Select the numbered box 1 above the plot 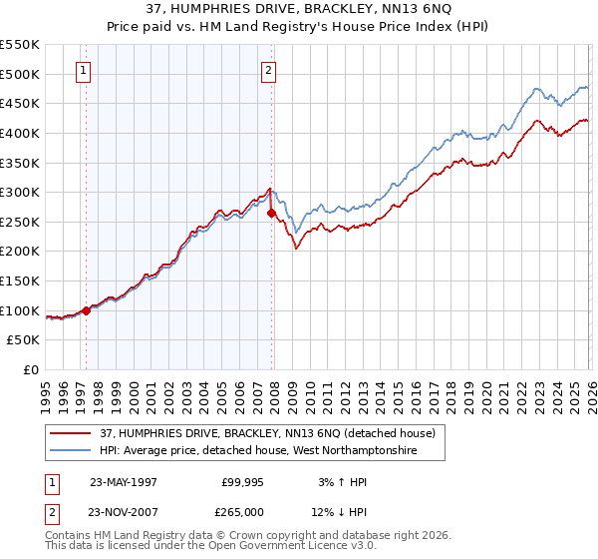[x=82, y=70]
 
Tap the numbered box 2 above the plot [x=269, y=70]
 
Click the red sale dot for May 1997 [x=87, y=310]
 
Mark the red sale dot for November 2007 [x=271, y=213]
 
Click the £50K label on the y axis [x=24, y=340]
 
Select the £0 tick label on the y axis [x=32, y=370]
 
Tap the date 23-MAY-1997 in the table [x=123, y=480]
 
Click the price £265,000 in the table [x=242, y=512]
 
